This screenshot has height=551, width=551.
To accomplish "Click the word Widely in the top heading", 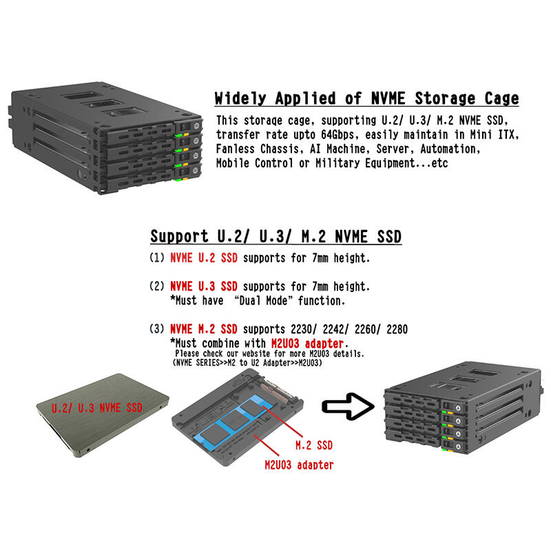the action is click(240, 98).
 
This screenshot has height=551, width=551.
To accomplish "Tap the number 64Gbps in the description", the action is click(337, 134).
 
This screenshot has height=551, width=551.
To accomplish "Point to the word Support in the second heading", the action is click(179, 236).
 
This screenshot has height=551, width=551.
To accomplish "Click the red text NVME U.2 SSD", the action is click(204, 258).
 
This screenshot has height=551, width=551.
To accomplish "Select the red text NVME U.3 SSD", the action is click(204, 287).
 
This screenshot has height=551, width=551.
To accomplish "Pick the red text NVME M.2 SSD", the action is click(204, 329).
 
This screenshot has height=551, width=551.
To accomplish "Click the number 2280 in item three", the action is click(397, 329).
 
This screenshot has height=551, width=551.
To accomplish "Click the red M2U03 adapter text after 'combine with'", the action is click(307, 343).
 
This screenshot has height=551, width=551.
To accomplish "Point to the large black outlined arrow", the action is click(348, 406).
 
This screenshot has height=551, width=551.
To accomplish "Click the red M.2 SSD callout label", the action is click(314, 446).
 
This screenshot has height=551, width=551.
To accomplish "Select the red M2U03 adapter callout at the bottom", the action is click(299, 465).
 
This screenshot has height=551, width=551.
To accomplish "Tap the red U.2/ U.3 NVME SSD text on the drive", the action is click(97, 408).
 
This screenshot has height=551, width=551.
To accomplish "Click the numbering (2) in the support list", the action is click(157, 287).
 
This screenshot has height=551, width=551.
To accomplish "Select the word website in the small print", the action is click(256, 353).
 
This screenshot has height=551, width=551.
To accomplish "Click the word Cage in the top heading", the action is click(502, 98).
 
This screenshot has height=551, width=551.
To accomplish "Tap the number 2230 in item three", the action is click(301, 329).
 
